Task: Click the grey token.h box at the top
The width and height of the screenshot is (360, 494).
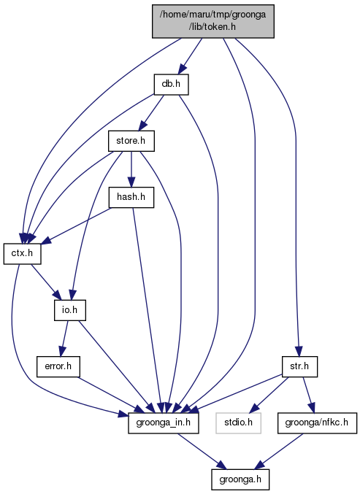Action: pyautogui.click(x=213, y=21)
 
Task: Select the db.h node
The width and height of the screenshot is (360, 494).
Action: pyautogui.click(x=171, y=85)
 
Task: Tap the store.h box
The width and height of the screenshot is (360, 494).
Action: pyautogui.click(x=131, y=141)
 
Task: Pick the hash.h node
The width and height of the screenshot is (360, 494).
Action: pyautogui.click(x=131, y=198)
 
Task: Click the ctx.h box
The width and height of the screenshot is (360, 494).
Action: pyautogui.click(x=23, y=254)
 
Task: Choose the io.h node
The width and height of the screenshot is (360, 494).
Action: pyautogui.click(x=70, y=310)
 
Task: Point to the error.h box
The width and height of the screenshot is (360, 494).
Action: pyautogui.click(x=58, y=367)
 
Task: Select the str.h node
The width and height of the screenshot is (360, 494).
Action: pyautogui.click(x=299, y=367)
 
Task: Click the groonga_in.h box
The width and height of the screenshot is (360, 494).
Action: pyautogui.click(x=164, y=422)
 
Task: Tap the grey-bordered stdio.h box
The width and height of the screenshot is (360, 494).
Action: pyautogui.click(x=238, y=422)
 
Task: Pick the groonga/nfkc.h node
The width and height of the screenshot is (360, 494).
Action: pyautogui.click(x=317, y=422)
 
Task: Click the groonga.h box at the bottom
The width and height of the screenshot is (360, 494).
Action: pyautogui.click(x=240, y=479)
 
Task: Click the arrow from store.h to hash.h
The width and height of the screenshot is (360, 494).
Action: pyautogui.click(x=131, y=169)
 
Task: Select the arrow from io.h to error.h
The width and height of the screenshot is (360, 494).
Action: pyautogui.click(x=64, y=339)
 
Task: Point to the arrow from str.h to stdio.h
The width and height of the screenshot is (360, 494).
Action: pyautogui.click(x=268, y=395)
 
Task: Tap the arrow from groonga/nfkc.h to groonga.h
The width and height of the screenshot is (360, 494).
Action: pyautogui.click(x=279, y=452)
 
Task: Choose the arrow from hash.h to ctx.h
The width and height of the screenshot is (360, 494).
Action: pyautogui.click(x=76, y=225)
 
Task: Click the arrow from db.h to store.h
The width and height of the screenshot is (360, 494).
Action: pyautogui.click(x=151, y=113)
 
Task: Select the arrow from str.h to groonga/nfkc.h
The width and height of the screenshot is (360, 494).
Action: pyautogui.click(x=309, y=395)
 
